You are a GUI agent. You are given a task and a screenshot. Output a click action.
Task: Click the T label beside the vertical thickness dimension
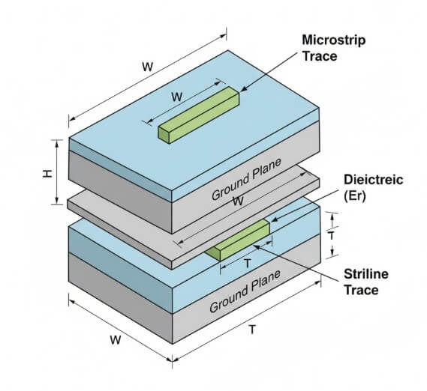(x=331, y=234)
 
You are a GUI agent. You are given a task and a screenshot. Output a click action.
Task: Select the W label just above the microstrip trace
(x=177, y=97)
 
